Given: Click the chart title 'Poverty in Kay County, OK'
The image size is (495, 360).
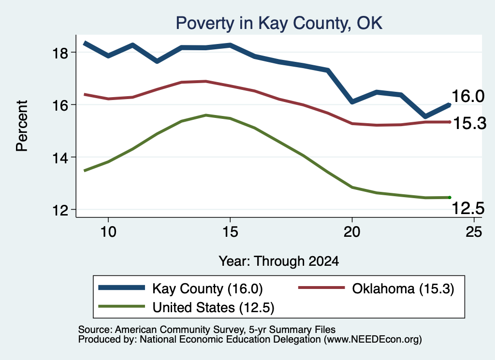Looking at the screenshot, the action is coord(279,23).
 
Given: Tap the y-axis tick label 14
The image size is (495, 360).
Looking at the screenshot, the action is coord(60,158).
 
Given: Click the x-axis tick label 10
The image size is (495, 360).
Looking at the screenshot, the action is coord(108,232).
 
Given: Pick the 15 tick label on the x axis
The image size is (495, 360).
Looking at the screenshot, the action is coord(230,232).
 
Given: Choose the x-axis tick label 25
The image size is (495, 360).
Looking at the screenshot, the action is coord(474,232).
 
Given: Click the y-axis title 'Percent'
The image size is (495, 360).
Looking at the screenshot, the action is coord(22,126).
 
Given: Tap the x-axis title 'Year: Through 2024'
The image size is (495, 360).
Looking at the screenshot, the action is coord(279,261).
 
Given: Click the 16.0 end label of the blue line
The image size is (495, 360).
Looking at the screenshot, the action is coord(468,96).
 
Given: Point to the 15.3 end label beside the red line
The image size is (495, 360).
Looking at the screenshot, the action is coord(470,123).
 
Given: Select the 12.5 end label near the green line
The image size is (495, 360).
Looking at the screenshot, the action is coord(468,208).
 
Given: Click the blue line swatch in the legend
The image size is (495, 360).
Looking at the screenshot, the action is coord(121,288).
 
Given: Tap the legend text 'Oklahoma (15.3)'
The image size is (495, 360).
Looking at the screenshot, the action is coord(403,288).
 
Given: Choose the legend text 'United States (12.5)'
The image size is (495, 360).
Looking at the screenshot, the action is coord(213,307).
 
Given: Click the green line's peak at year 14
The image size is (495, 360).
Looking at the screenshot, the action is coord(206,115).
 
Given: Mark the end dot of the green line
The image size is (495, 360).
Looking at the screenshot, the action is coord(450,198).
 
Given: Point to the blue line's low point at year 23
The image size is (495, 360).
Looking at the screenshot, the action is coord(425,116).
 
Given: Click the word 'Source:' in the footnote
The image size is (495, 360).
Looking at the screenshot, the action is coord(95,330).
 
